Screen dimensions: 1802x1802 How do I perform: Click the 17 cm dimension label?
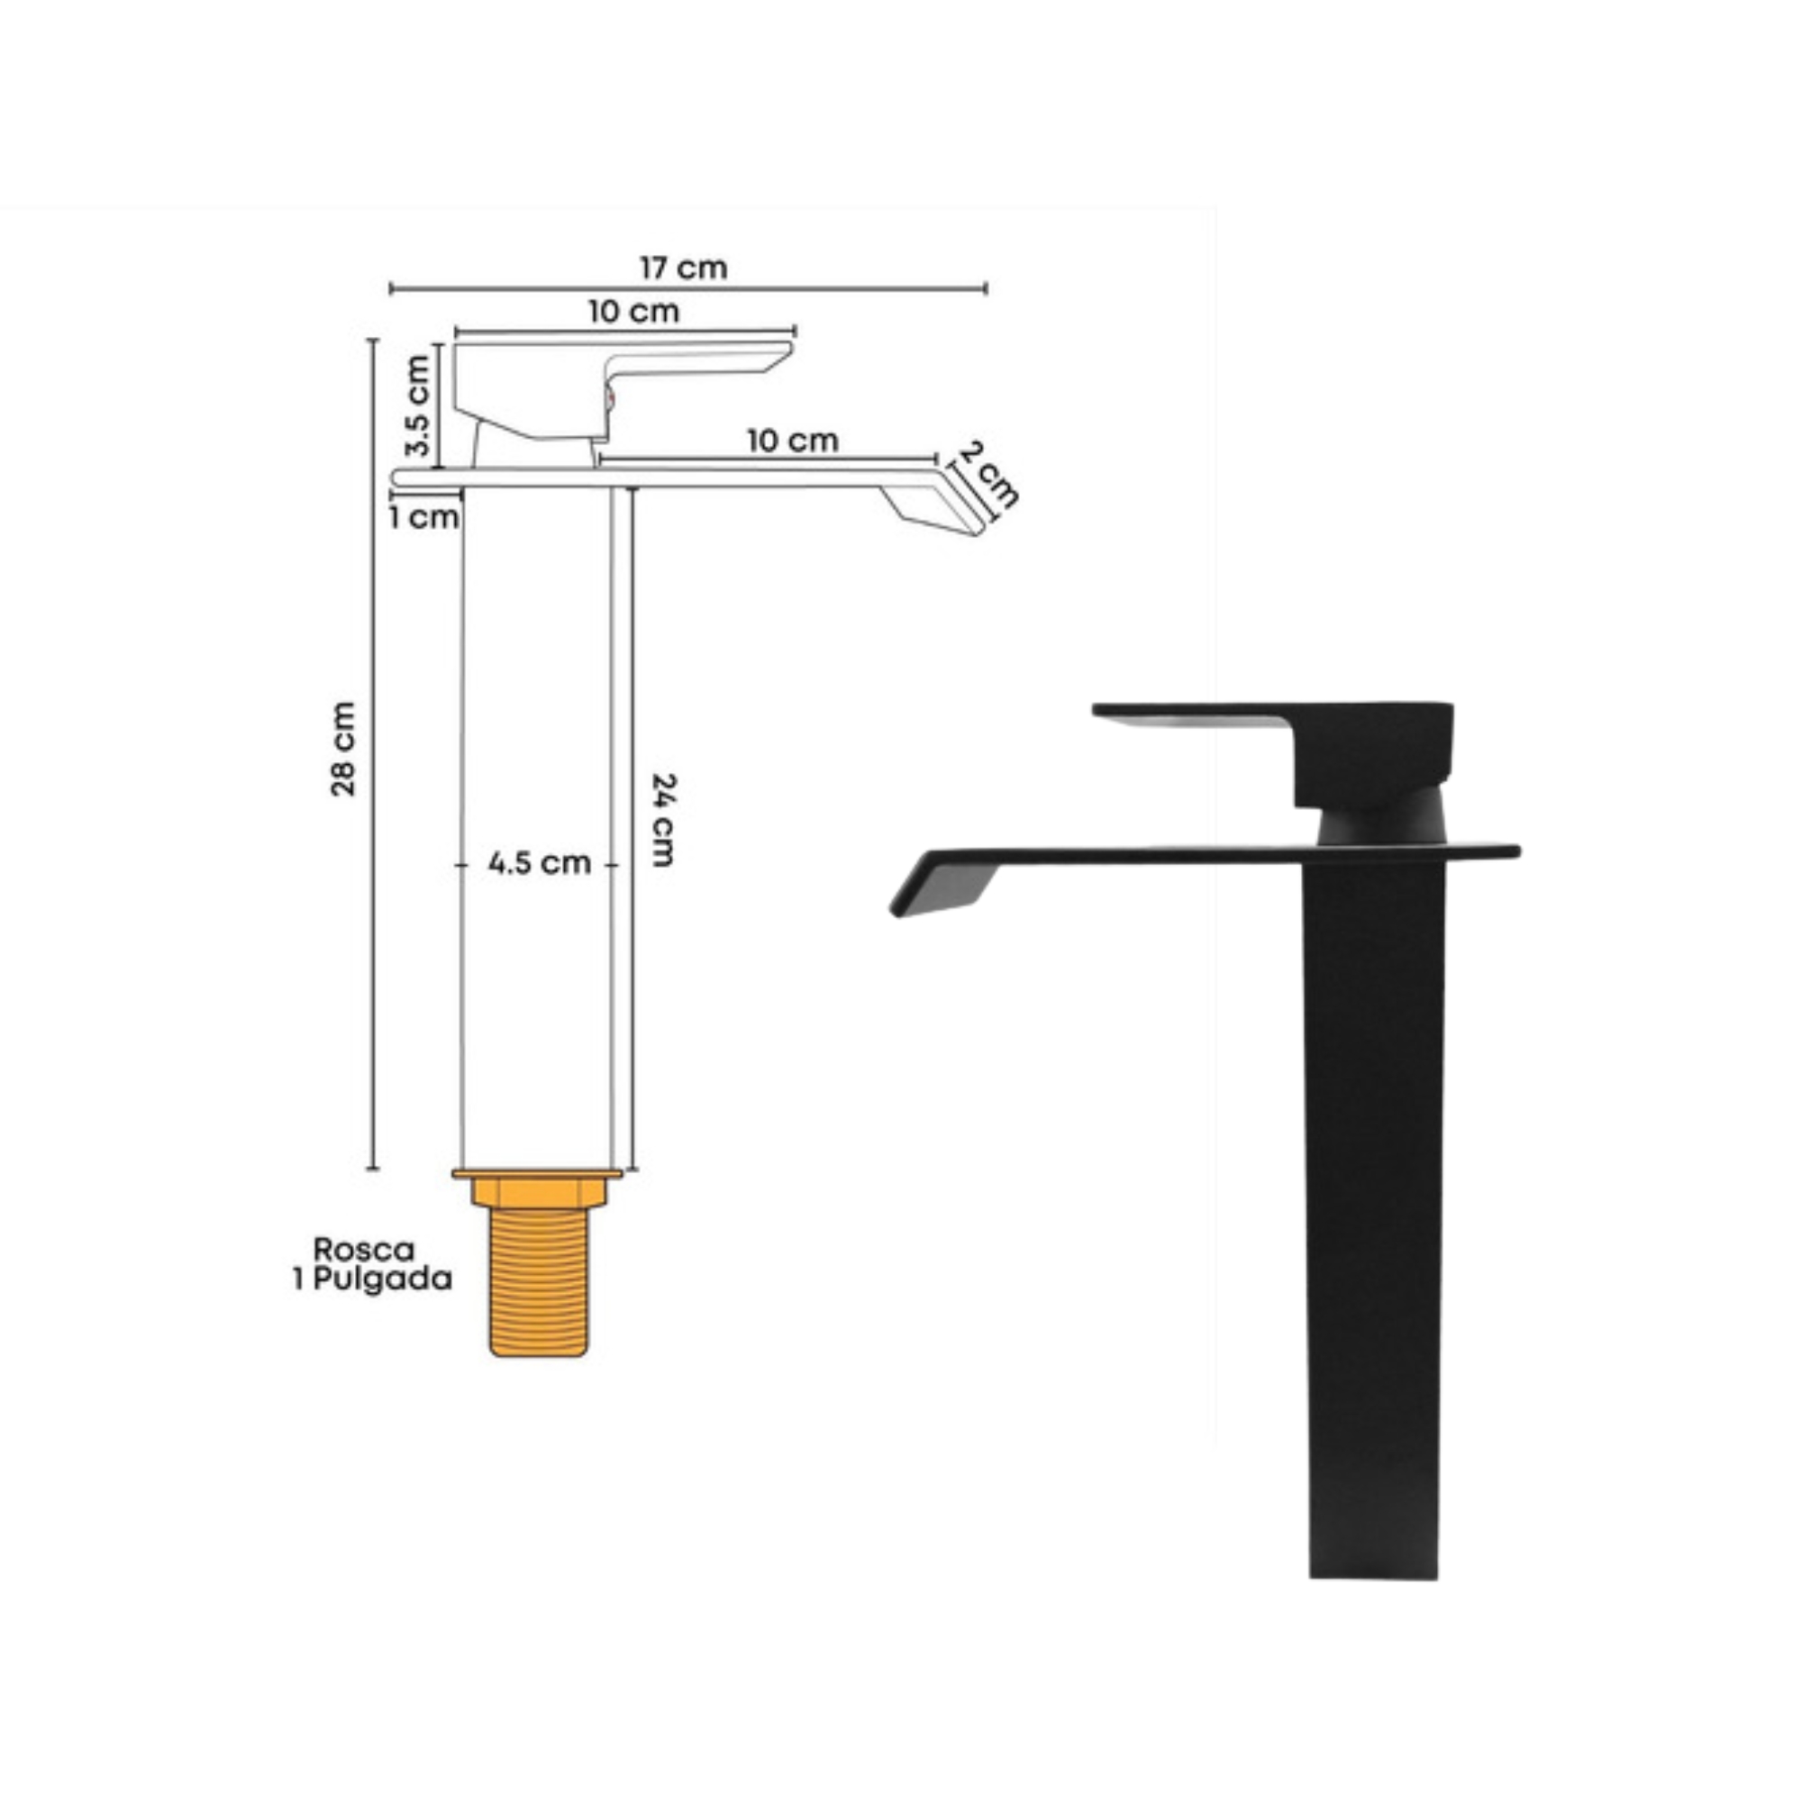coord(683,268)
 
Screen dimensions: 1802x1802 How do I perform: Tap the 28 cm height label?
coord(343,749)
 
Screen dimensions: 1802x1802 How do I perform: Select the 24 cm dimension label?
coord(662,820)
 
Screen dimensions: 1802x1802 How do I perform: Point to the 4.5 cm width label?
coord(539,863)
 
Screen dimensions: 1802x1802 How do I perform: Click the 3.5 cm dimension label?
coord(419,405)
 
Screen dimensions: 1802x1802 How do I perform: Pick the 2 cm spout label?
coord(988,475)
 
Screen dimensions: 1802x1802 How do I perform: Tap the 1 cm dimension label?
coord(424,516)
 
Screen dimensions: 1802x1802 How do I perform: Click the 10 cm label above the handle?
coord(633,312)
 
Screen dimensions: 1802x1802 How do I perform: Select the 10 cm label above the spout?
coord(793,441)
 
